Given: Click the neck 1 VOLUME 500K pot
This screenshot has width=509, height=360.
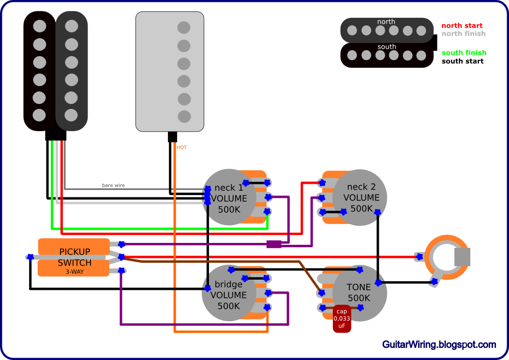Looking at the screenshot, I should (228, 197).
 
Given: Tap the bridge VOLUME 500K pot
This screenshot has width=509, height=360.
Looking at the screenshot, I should (228, 294).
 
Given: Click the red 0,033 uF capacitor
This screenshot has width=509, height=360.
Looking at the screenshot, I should (342, 319).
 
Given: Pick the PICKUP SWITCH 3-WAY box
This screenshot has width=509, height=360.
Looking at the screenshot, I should (74, 257).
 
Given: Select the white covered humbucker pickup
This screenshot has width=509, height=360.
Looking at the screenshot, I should (170, 72).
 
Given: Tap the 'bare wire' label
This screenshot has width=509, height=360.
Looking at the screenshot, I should (113, 185).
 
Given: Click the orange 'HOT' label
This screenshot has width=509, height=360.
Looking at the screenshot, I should (182, 147).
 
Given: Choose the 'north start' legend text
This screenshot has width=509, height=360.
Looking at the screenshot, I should (462, 26).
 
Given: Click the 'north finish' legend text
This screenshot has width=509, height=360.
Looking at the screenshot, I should (463, 33).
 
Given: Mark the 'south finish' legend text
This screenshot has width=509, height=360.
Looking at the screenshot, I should (464, 53).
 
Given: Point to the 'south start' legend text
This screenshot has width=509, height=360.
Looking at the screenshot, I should (462, 61).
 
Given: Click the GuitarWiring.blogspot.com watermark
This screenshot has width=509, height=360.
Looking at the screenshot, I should (439, 345).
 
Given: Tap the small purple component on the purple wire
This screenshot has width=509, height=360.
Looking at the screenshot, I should (274, 244).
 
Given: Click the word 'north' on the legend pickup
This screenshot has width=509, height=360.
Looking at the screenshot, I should (386, 22).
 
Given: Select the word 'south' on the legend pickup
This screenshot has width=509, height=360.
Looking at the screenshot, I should (387, 47).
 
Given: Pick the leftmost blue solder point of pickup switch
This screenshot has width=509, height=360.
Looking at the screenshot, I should (30, 256).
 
